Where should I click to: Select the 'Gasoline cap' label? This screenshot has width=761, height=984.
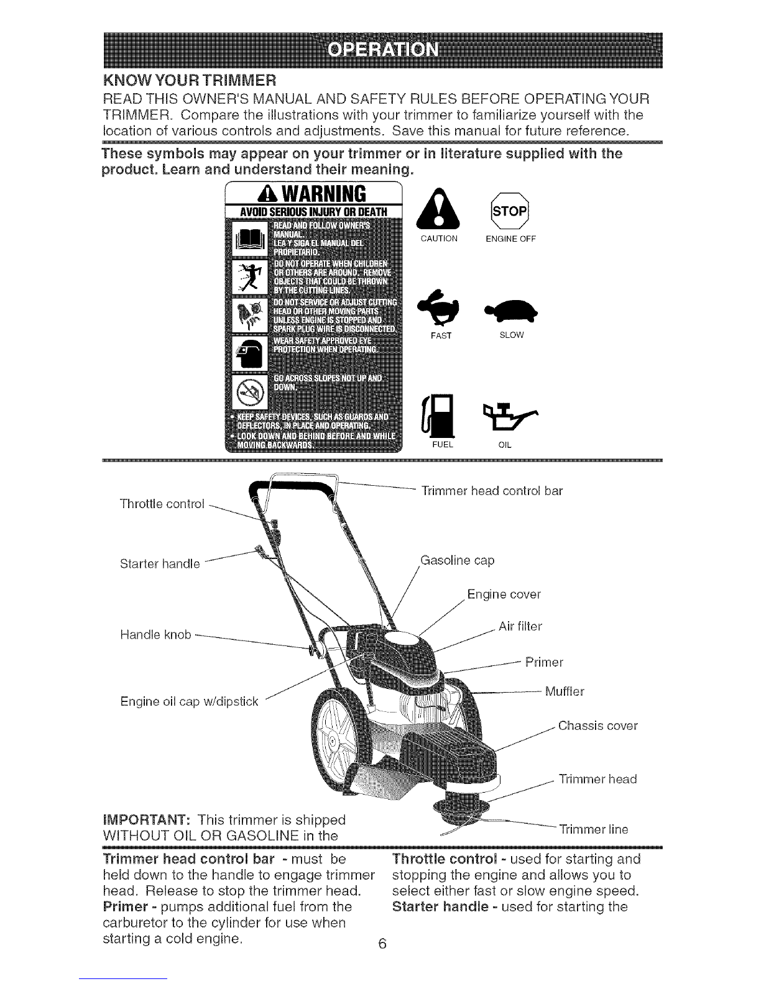[x=456, y=561]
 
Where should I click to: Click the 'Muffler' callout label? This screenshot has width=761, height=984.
[x=564, y=691]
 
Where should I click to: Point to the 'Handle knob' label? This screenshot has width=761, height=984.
[x=155, y=635]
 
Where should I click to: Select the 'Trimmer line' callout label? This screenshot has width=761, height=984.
[x=593, y=829]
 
